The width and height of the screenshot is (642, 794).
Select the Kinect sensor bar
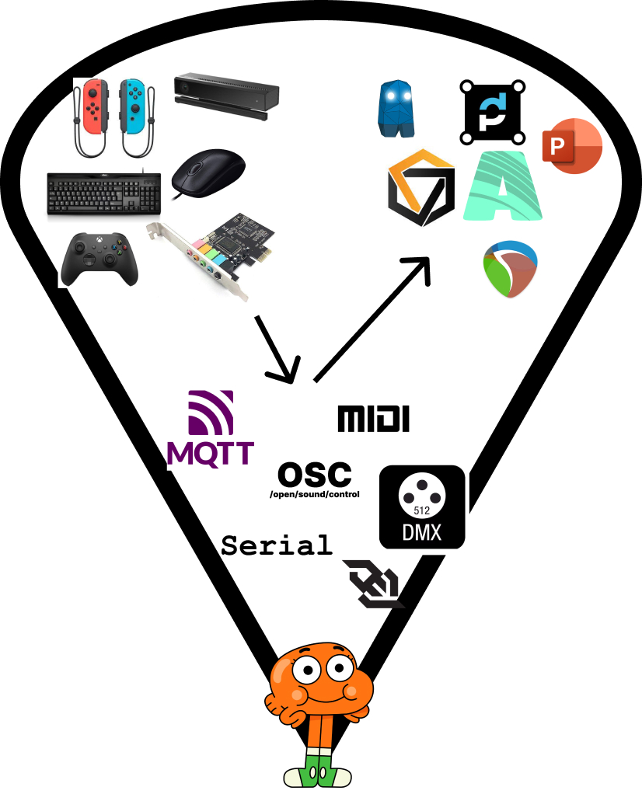click(225, 96)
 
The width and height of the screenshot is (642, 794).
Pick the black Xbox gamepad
click(100, 256)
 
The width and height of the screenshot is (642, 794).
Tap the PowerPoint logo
click(572, 147)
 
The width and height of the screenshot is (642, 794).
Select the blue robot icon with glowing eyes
click(399, 109)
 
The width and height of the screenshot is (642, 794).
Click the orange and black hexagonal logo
click(420, 187)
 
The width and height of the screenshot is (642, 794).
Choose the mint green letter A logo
click(501, 186)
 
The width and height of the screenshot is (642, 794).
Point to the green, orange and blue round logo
click(511, 269)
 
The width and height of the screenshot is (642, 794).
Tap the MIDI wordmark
click(373, 419)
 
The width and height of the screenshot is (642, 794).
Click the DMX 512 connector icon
click(421, 507)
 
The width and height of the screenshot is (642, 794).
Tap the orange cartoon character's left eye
click(306, 670)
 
